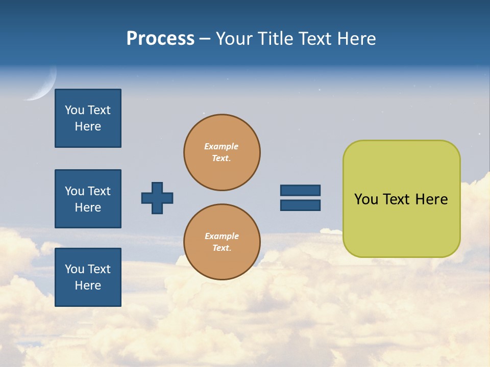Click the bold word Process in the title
click(160, 39)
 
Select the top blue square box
click(88, 118)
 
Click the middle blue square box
click(88, 199)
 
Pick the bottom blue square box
click(88, 277)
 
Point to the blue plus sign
click(157, 198)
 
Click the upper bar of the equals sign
click(300, 190)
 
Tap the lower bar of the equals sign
click(300, 205)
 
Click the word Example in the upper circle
click(221, 146)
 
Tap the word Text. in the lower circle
click(222, 248)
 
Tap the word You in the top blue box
click(75, 110)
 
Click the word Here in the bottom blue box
click(88, 285)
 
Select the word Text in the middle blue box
click(99, 191)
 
